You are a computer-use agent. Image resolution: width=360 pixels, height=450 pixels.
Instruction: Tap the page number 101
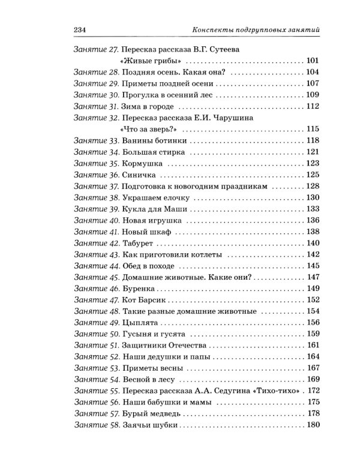pos(312,61)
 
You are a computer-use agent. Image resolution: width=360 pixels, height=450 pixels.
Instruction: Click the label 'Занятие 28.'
pos(94,72)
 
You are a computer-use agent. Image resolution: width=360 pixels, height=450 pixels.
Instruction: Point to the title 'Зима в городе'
pos(145,107)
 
